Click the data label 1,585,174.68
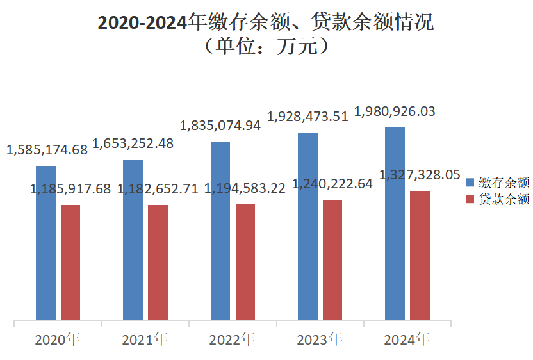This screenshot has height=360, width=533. click(x=47, y=151)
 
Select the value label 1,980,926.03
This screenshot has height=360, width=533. click(x=395, y=111)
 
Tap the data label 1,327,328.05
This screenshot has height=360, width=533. click(x=420, y=175)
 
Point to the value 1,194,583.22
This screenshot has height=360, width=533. click(x=245, y=189)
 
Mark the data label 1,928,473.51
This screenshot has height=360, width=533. click(x=307, y=117)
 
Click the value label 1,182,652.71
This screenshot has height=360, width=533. click(x=158, y=189)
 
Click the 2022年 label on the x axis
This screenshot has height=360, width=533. click(x=232, y=339)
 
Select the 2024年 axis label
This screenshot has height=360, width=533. click(x=407, y=339)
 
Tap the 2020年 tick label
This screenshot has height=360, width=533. click(x=58, y=339)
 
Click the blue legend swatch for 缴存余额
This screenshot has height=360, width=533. click(x=470, y=183)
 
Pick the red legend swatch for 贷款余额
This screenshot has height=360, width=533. click(x=470, y=199)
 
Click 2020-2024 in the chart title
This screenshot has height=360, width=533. click(x=143, y=23)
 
